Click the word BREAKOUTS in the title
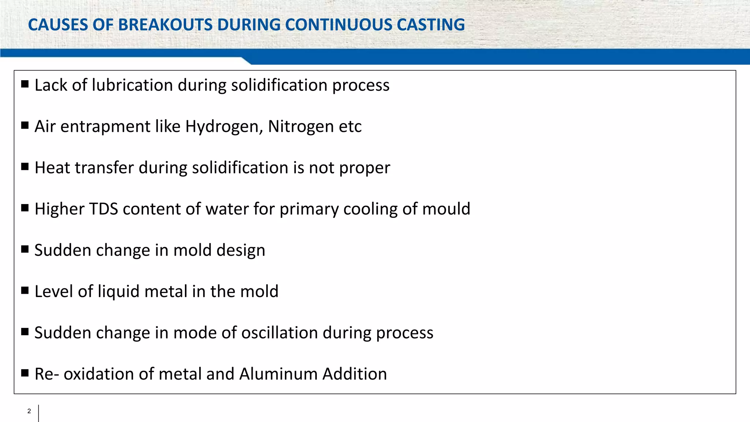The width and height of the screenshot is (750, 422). (165, 25)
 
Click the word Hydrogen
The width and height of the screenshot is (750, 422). (224, 126)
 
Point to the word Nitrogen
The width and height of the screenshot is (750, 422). (301, 126)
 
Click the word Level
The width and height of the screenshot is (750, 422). (53, 292)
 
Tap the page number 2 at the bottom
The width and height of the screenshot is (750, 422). (29, 411)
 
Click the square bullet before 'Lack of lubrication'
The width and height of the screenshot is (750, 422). (25, 84)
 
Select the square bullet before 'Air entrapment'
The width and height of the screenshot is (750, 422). (25, 126)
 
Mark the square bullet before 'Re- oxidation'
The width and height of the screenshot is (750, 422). (25, 373)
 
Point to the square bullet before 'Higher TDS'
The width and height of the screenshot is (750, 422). (25, 208)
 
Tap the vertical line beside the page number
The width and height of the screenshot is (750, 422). (38, 413)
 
